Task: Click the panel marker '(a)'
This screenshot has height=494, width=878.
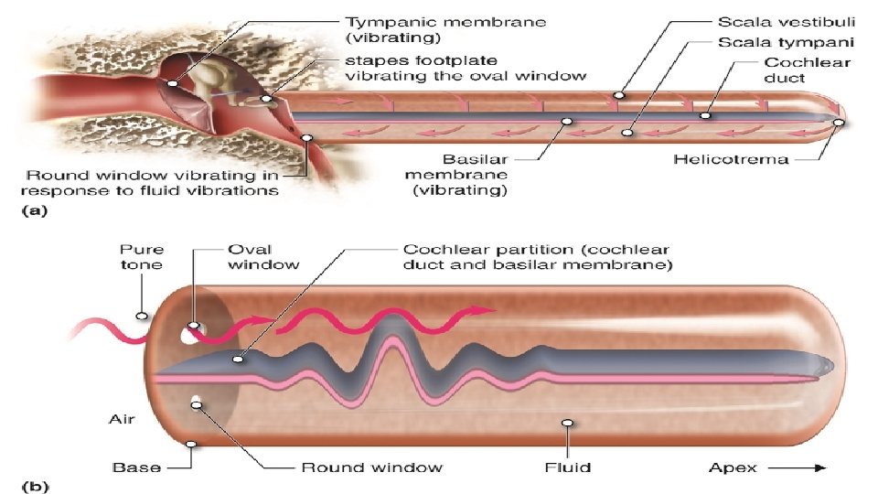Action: point(31,210)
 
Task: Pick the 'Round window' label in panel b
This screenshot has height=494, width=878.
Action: point(372,467)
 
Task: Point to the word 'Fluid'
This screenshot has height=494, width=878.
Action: point(568,467)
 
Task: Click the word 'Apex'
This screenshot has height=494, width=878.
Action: point(733,467)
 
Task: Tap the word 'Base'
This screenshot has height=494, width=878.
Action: point(137,467)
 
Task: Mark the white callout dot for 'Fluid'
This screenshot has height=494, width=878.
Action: point(567,424)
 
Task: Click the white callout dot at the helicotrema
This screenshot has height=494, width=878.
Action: point(839,122)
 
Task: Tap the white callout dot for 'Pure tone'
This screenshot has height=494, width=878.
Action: point(141,317)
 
